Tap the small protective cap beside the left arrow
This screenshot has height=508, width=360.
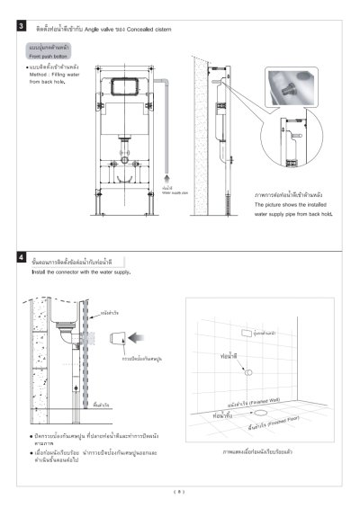pos(113,340)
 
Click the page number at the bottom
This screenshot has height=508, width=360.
pos(179,492)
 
